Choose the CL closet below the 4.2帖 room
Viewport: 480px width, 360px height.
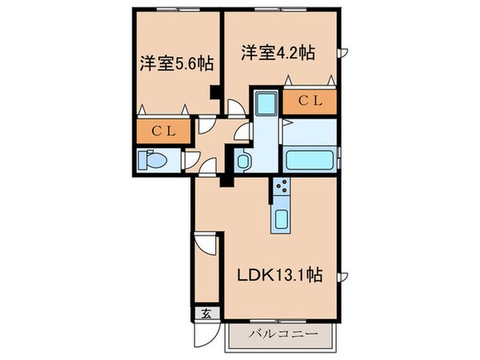pyautogui.click(x=309, y=101)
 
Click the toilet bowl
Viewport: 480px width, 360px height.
pyautogui.click(x=153, y=160)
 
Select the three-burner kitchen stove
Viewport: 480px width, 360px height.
pyautogui.click(x=282, y=189)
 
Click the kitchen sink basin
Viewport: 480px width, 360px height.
pyautogui.click(x=282, y=219)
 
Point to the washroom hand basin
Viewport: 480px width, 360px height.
pyautogui.click(x=244, y=161)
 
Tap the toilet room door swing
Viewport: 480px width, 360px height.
pyautogui.click(x=191, y=160)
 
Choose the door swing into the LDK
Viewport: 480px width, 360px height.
pyautogui.click(x=209, y=168)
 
